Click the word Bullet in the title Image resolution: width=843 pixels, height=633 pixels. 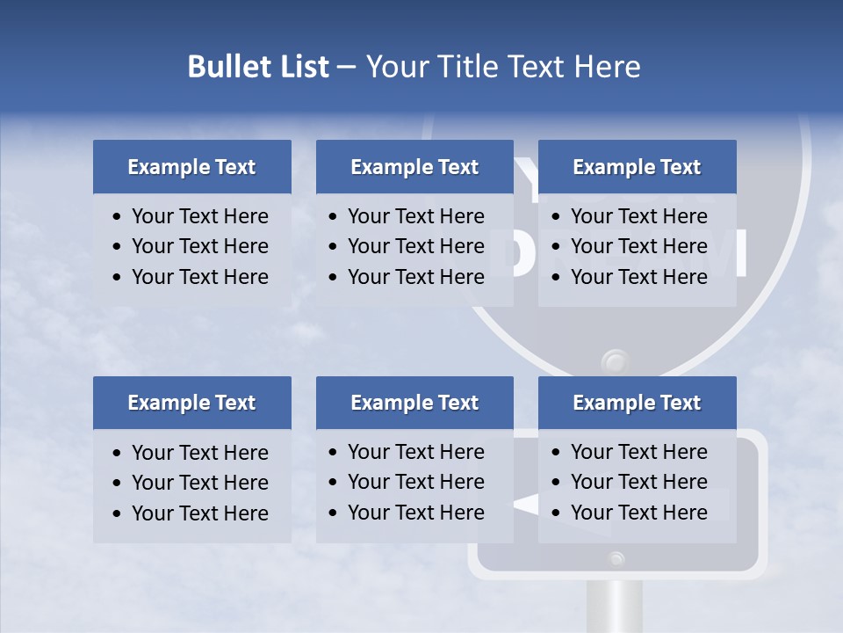tap(225, 67)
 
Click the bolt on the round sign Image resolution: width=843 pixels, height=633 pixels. tap(615, 360)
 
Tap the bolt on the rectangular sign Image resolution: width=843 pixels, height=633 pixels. tap(617, 557)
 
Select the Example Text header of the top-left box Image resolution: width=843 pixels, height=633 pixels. tap(191, 167)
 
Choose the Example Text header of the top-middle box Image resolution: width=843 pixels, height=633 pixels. tap(414, 167)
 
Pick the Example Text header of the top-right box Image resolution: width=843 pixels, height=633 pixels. tap(637, 167)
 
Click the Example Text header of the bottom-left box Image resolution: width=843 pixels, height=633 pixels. tap(191, 403)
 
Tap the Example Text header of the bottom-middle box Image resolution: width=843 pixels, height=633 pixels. tap(414, 403)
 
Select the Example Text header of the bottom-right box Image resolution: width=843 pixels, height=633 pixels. tap(637, 403)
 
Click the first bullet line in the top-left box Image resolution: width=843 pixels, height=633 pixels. tap(199, 216)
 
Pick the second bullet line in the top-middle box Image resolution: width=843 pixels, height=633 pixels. tap(415, 246)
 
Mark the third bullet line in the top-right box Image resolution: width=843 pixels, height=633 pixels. tap(638, 277)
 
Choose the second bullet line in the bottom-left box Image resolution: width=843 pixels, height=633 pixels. tap(199, 483)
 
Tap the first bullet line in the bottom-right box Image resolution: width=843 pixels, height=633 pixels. tap(638, 452)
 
